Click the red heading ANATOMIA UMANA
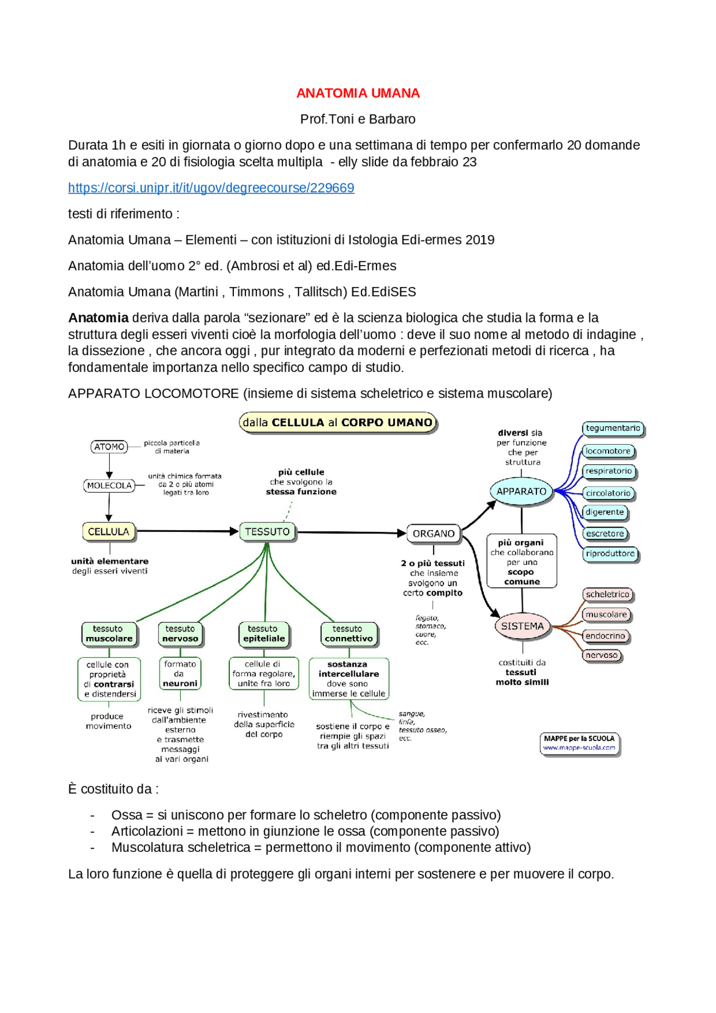[357, 93]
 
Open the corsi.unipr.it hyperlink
[211, 188]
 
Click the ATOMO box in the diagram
[109, 447]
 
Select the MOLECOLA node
[109, 486]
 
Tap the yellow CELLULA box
[109, 531]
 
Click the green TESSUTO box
[267, 531]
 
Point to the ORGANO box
[434, 534]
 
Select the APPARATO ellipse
[521, 491]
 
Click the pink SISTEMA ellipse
[522, 626]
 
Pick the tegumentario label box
[613, 428]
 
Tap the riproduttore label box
[610, 554]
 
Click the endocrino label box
[605, 636]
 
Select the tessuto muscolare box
[109, 634]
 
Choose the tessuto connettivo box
[348, 634]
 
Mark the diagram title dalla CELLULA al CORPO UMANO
[337, 423]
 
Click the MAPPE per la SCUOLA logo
[579, 743]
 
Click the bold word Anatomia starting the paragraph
[98, 318]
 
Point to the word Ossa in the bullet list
[126, 815]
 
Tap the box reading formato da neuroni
[180, 673]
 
